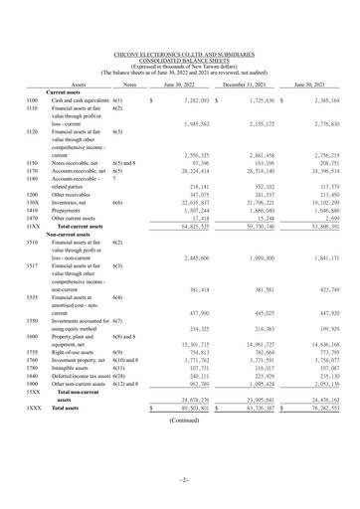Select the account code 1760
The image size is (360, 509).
(x=33, y=360)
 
